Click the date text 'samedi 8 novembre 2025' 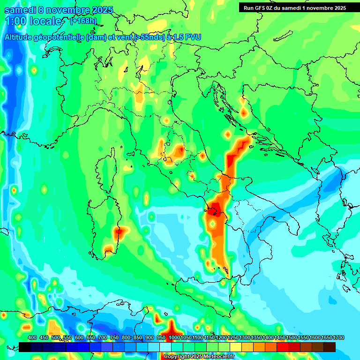59,10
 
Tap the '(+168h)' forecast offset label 84,21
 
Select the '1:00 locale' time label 34,22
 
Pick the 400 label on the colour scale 32,337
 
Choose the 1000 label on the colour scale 174,337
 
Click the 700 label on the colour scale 103,337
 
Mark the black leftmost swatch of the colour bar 25,347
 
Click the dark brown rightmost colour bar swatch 330,347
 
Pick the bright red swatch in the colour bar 283,347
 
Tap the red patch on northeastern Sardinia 119,231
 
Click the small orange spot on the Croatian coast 243,112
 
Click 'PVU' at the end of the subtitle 192,37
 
